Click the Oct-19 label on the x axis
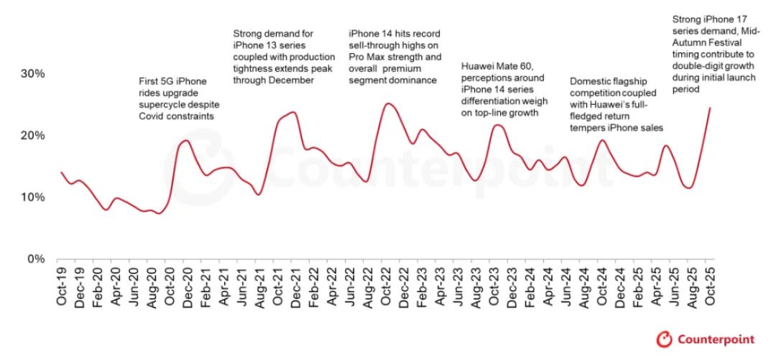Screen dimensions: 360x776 click(61, 287)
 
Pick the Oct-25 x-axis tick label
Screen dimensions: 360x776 click(709, 287)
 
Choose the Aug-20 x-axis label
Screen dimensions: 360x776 click(152, 287)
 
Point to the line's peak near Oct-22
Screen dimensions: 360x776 click(388, 103)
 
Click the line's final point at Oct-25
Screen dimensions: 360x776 click(710, 108)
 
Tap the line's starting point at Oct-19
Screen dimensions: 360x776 click(61, 172)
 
